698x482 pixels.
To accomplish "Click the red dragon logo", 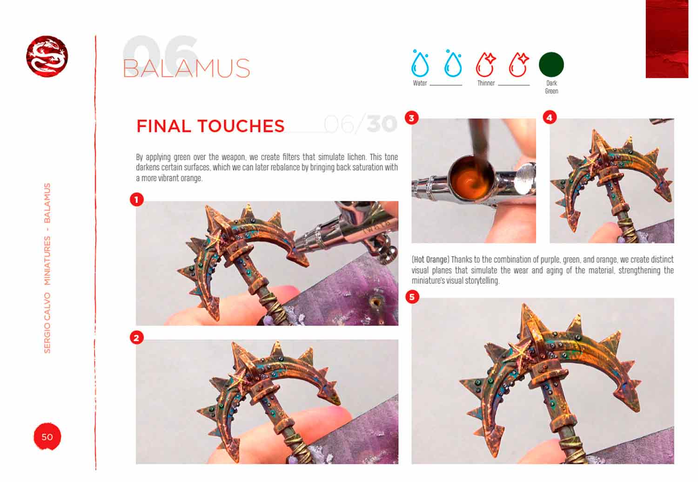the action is (47, 56).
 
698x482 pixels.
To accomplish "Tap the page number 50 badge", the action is (47, 436).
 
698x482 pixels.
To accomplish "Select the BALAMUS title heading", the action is (186, 68).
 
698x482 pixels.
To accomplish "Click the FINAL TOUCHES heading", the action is (210, 126).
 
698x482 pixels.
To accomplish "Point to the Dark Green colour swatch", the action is (551, 65).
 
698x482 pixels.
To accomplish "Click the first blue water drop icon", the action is (420, 63).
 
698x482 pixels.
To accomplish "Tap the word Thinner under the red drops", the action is (486, 83).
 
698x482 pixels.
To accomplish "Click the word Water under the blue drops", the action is (420, 83).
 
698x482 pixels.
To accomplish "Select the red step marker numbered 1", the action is (136, 199).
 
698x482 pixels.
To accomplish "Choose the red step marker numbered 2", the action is (136, 338).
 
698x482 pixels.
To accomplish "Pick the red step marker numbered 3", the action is (412, 118).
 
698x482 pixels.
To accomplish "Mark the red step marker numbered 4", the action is (550, 117).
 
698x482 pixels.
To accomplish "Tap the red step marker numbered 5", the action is (412, 297).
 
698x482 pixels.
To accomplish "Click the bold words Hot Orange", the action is (430, 260).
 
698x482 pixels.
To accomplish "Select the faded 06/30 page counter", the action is (361, 124).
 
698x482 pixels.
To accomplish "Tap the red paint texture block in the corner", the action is (667, 39).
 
